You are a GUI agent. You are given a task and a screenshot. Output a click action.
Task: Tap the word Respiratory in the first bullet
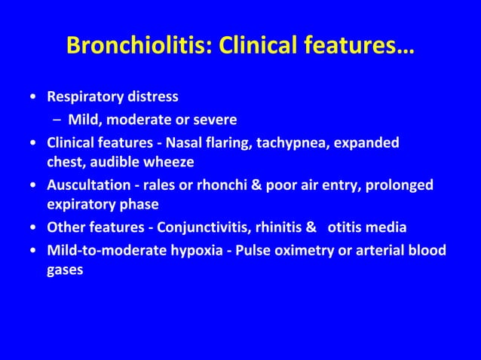click(x=85, y=97)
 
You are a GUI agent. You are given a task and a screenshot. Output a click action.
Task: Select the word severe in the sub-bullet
click(x=214, y=120)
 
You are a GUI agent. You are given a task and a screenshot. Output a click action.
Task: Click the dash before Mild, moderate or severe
click(x=57, y=121)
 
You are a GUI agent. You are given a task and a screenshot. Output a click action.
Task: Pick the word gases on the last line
click(x=65, y=270)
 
